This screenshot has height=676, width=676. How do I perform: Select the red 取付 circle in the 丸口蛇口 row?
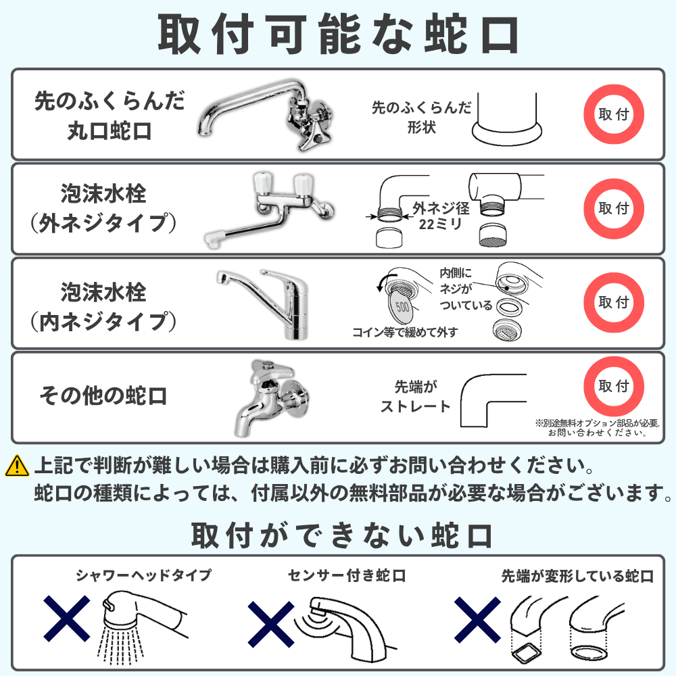coord(614,114)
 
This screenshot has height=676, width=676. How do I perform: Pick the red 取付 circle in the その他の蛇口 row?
coord(614,387)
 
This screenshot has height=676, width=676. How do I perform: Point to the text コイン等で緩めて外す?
coord(405,333)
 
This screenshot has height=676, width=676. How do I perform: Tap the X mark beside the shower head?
coord(68,619)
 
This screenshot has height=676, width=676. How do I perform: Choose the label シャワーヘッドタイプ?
coord(144,576)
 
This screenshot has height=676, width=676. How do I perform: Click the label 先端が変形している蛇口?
coord(577,576)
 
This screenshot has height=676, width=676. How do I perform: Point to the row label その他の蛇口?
coord(103,395)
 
